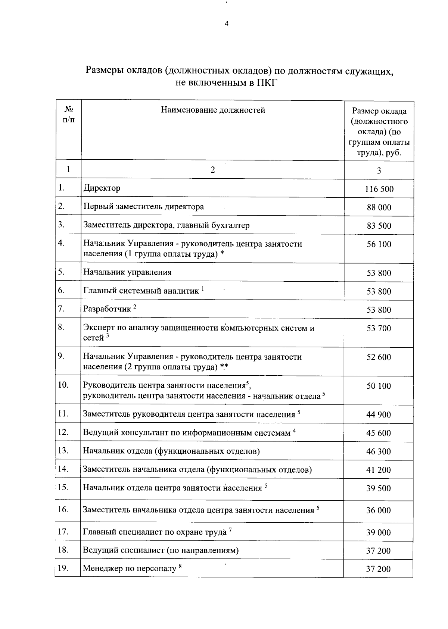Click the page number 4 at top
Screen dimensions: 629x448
pyautogui.click(x=226, y=24)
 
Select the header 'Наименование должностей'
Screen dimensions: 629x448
pyautogui.click(x=213, y=110)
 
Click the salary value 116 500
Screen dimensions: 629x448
pyautogui.click(x=379, y=189)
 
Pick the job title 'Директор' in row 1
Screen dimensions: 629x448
pyautogui.click(x=102, y=188)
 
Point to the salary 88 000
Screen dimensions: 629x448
pyautogui.click(x=379, y=208)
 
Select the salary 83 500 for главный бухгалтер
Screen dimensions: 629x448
pyautogui.click(x=379, y=226)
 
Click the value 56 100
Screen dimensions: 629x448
pyautogui.click(x=379, y=245)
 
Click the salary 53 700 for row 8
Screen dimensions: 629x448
pyautogui.click(x=379, y=329)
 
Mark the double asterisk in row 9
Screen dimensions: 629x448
pyautogui.click(x=224, y=367)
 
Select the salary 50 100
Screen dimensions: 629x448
pyautogui.click(x=379, y=386)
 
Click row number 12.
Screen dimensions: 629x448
pyautogui.click(x=63, y=432)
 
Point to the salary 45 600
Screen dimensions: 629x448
pyautogui.click(x=379, y=434)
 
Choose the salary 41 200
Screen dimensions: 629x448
pyautogui.click(x=379, y=470)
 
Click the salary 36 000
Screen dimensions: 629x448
pyautogui.click(x=379, y=511)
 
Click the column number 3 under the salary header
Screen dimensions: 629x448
pyautogui.click(x=379, y=171)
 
